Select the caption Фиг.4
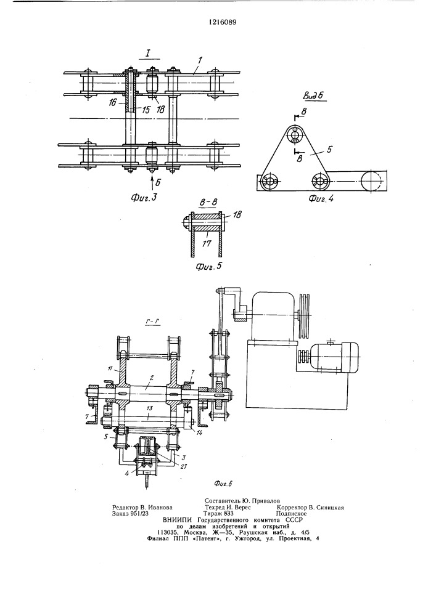pos(321,198)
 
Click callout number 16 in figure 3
pos(113,103)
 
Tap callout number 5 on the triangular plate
pos(330,149)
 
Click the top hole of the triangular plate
pos(295,135)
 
